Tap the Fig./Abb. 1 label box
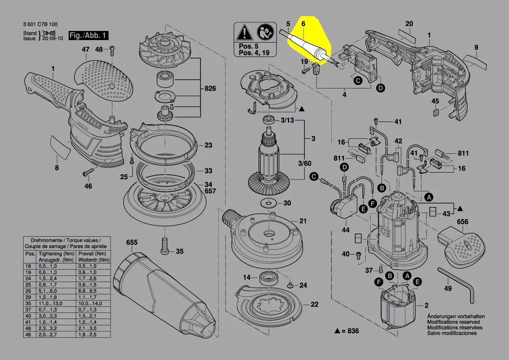click(88, 35)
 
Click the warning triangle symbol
click(243, 32)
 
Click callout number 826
click(210, 89)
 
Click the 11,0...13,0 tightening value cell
click(50, 303)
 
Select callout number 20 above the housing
click(409, 24)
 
